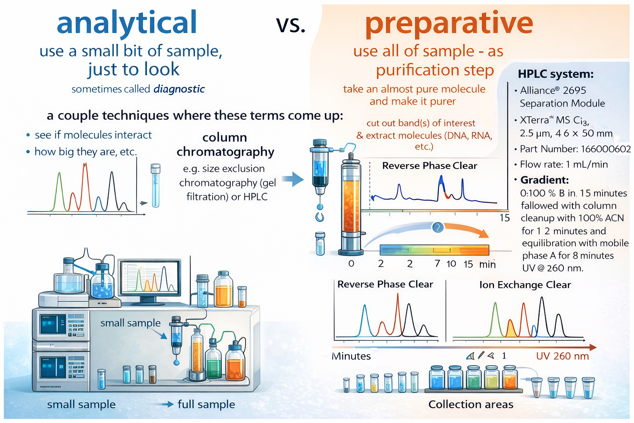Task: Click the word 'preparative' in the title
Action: [449, 24]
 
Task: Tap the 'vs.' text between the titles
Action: [291, 25]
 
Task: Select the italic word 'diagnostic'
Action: [179, 89]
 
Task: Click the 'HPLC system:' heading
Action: [556, 74]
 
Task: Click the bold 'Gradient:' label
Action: [544, 180]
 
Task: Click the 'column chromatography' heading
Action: [225, 145]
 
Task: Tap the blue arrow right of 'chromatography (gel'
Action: [293, 179]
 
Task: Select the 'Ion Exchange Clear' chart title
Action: [525, 285]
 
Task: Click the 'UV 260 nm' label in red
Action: [563, 356]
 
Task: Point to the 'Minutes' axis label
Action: [351, 356]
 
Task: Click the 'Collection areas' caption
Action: [471, 404]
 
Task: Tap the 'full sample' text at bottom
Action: [206, 404]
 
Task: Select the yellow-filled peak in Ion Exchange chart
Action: [511, 329]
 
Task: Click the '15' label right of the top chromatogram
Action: [505, 218]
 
